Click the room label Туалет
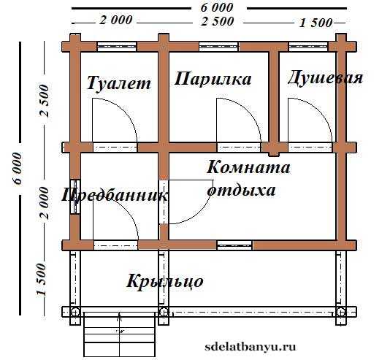click(119, 83)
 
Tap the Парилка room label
click(213, 79)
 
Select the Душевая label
click(325, 78)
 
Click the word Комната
click(248, 166)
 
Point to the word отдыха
click(242, 191)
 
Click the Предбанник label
click(114, 195)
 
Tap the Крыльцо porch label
click(165, 282)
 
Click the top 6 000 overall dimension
click(217, 8)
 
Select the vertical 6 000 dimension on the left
click(18, 168)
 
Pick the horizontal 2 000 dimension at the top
click(116, 20)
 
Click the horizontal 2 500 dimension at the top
click(218, 21)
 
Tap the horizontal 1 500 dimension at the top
click(316, 23)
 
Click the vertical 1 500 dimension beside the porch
click(42, 280)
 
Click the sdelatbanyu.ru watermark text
click(251, 347)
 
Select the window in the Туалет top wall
click(117, 47)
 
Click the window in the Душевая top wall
click(308, 47)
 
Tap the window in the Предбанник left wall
click(75, 196)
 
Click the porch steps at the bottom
click(120, 334)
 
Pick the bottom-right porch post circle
click(340, 312)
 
